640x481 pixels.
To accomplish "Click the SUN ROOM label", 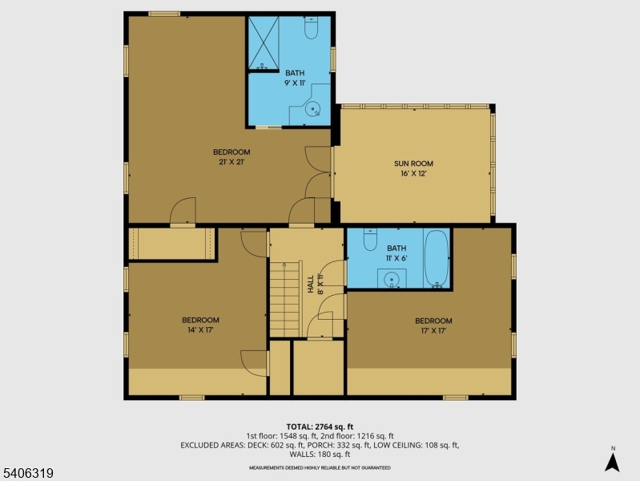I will click(413, 164).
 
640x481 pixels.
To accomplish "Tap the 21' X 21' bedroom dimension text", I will click(231, 162).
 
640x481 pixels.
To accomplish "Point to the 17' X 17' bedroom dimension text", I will click(433, 330).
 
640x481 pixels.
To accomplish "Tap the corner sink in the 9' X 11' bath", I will click(317, 110).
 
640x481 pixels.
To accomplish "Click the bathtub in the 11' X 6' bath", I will click(437, 259).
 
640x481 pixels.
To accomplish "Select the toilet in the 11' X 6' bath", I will click(370, 240).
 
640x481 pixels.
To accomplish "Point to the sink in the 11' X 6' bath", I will click(392, 279).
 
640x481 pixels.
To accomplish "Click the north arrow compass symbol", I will click(613, 460).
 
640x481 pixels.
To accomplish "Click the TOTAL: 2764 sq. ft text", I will click(320, 426).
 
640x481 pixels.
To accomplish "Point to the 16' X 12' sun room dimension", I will click(413, 173).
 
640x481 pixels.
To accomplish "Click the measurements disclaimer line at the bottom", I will click(320, 467).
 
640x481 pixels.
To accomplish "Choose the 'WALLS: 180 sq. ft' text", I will click(320, 455).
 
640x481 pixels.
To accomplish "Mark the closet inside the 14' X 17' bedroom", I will click(171, 244).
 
